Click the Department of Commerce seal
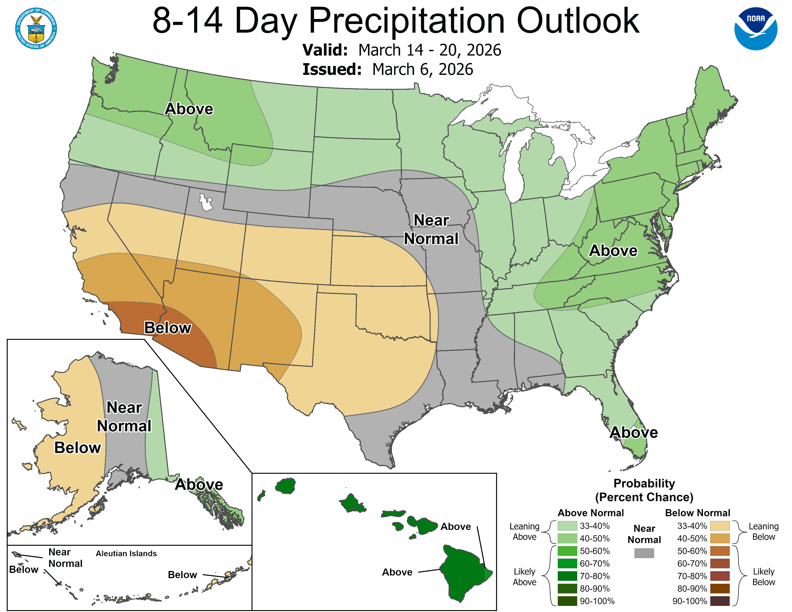coord(36,28)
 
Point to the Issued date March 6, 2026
coord(422,70)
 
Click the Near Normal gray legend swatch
coord(644,553)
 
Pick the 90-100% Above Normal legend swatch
coord(567,601)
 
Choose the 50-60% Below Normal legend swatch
coord(720,551)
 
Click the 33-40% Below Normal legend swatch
coord(720,526)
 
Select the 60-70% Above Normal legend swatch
coord(567,564)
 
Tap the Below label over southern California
coord(168,328)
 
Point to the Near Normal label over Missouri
coord(431,229)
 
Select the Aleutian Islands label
coord(126,554)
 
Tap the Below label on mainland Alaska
coord(78,448)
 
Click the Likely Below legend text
coord(763,576)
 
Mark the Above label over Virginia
coord(613,251)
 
